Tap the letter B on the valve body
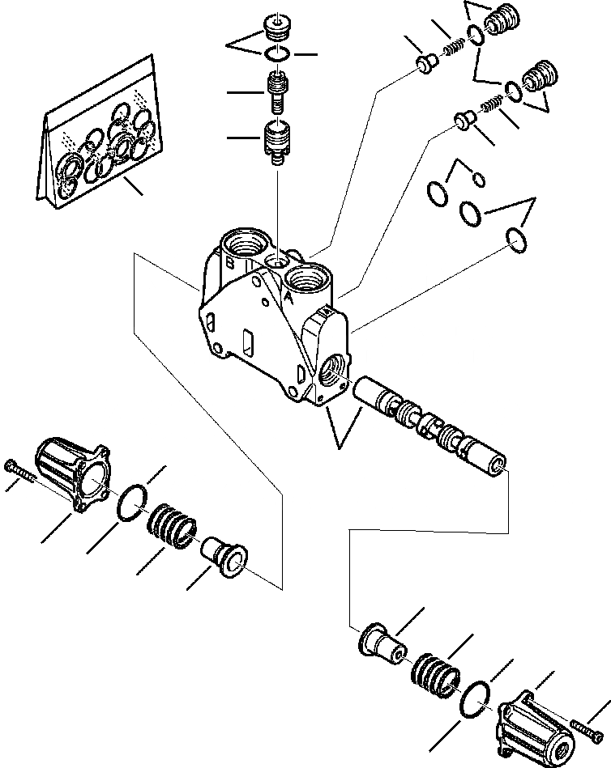coord(230,263)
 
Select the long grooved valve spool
coord(429,425)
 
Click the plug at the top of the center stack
coord(278,29)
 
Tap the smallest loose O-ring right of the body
coord(479,179)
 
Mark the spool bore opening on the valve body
coord(335,376)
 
